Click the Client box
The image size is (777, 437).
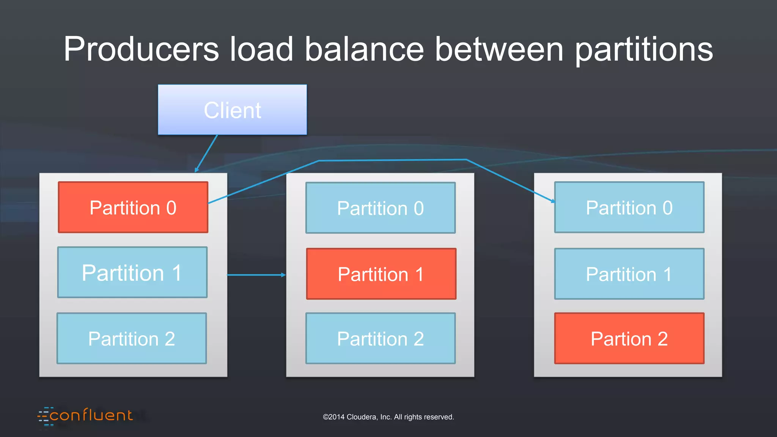click(x=232, y=110)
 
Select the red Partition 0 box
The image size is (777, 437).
click(x=133, y=207)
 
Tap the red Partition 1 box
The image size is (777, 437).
click(x=381, y=274)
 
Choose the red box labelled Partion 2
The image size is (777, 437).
click(x=629, y=338)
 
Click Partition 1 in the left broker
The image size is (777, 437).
click(x=132, y=272)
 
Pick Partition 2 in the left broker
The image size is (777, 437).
click(x=132, y=338)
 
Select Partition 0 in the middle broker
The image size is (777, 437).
click(x=380, y=208)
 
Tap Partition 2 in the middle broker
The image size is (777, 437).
click(x=380, y=338)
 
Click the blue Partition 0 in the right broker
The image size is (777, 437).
click(x=629, y=207)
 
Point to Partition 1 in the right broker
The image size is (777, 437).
click(x=629, y=274)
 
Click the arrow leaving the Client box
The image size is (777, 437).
click(x=207, y=153)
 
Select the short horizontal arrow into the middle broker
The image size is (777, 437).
click(x=256, y=275)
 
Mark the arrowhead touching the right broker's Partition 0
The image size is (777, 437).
click(x=552, y=201)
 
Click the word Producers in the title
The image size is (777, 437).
click(x=141, y=49)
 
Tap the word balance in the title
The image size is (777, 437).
click(x=364, y=49)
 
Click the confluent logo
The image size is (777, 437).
click(x=86, y=416)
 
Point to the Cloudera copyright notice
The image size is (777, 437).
click(x=388, y=417)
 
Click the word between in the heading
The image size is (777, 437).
click(x=499, y=49)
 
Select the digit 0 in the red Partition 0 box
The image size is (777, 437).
click(x=171, y=208)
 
